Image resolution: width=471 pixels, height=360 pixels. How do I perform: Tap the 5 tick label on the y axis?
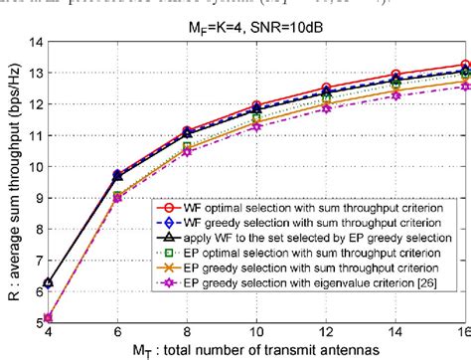(x=33, y=318)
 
